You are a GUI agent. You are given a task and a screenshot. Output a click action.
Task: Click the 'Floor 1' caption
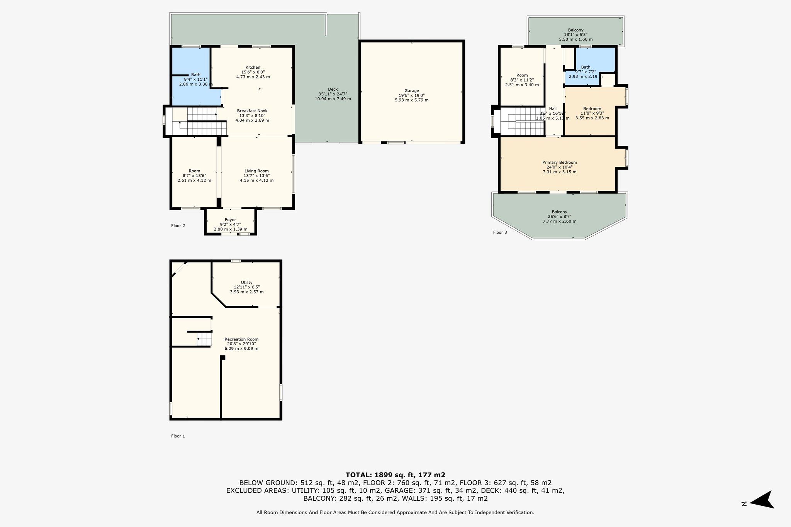tap(178, 436)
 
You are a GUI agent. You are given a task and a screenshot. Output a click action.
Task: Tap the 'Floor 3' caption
tap(500, 232)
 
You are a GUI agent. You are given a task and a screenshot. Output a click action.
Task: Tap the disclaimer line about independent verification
tap(395, 513)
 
